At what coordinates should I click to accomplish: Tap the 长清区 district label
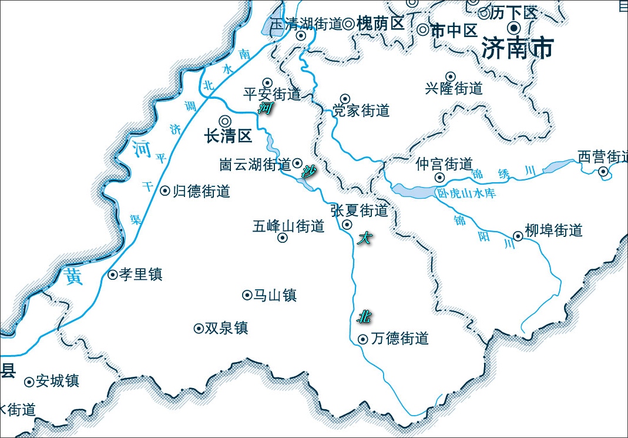click(x=228, y=136)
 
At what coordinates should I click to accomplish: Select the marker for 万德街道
click(x=362, y=339)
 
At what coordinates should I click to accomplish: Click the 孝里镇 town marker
click(x=113, y=275)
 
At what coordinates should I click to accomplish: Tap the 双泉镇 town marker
click(x=199, y=328)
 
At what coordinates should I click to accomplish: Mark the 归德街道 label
click(x=201, y=191)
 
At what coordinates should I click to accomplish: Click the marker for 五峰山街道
click(x=283, y=238)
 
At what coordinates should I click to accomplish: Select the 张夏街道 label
click(x=360, y=210)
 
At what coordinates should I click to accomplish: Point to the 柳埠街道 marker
click(x=518, y=236)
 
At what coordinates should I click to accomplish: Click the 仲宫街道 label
click(x=444, y=164)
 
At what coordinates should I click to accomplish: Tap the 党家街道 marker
click(x=345, y=99)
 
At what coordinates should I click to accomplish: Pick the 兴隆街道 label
click(x=454, y=89)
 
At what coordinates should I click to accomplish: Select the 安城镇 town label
click(x=57, y=382)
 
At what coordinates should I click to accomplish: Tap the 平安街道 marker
click(x=267, y=82)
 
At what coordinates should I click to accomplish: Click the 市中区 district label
click(x=454, y=31)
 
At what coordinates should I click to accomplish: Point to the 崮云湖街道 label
click(x=255, y=164)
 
